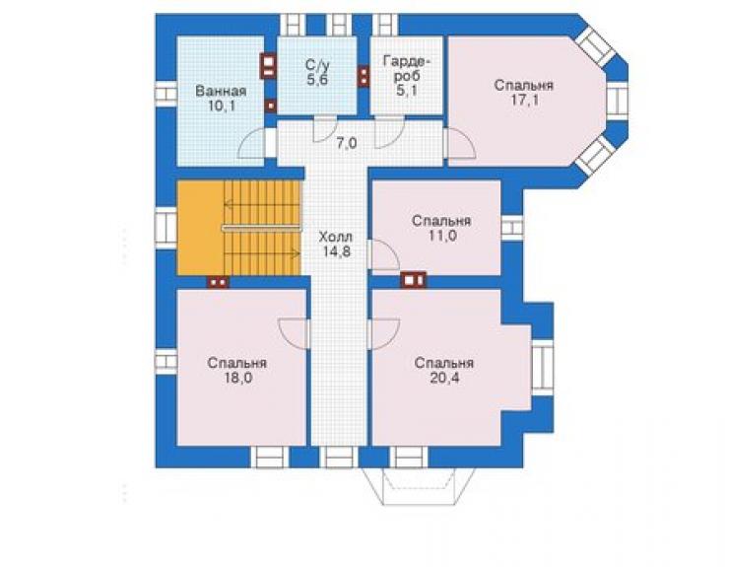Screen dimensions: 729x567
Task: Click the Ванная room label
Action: [221, 91]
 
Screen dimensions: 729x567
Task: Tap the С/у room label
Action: [317, 65]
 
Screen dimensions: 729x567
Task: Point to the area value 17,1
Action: [524, 101]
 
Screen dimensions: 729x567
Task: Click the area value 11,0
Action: [441, 236]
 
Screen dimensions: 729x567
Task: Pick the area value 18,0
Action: [238, 378]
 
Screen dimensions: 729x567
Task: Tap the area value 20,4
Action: [444, 378]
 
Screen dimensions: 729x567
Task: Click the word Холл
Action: [336, 237]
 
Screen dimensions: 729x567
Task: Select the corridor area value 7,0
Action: [347, 143]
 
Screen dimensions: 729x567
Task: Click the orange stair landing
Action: [200, 228]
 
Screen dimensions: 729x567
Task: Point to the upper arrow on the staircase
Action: [261, 204]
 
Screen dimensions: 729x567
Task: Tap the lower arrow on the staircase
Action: [261, 253]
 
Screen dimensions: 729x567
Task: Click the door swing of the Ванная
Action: [251, 144]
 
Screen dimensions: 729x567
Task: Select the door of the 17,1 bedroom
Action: [460, 143]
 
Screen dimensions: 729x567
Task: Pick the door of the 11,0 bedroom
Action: [384, 254]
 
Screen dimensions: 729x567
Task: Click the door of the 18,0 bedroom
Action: [294, 333]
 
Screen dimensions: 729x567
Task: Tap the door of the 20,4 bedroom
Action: [384, 333]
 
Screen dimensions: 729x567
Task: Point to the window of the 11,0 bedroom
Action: [512, 228]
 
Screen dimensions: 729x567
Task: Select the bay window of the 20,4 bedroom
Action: [542, 368]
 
